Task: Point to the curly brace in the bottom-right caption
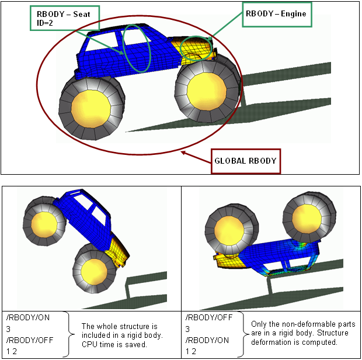pos(245,333)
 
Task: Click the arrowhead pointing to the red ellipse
pos(183,153)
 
